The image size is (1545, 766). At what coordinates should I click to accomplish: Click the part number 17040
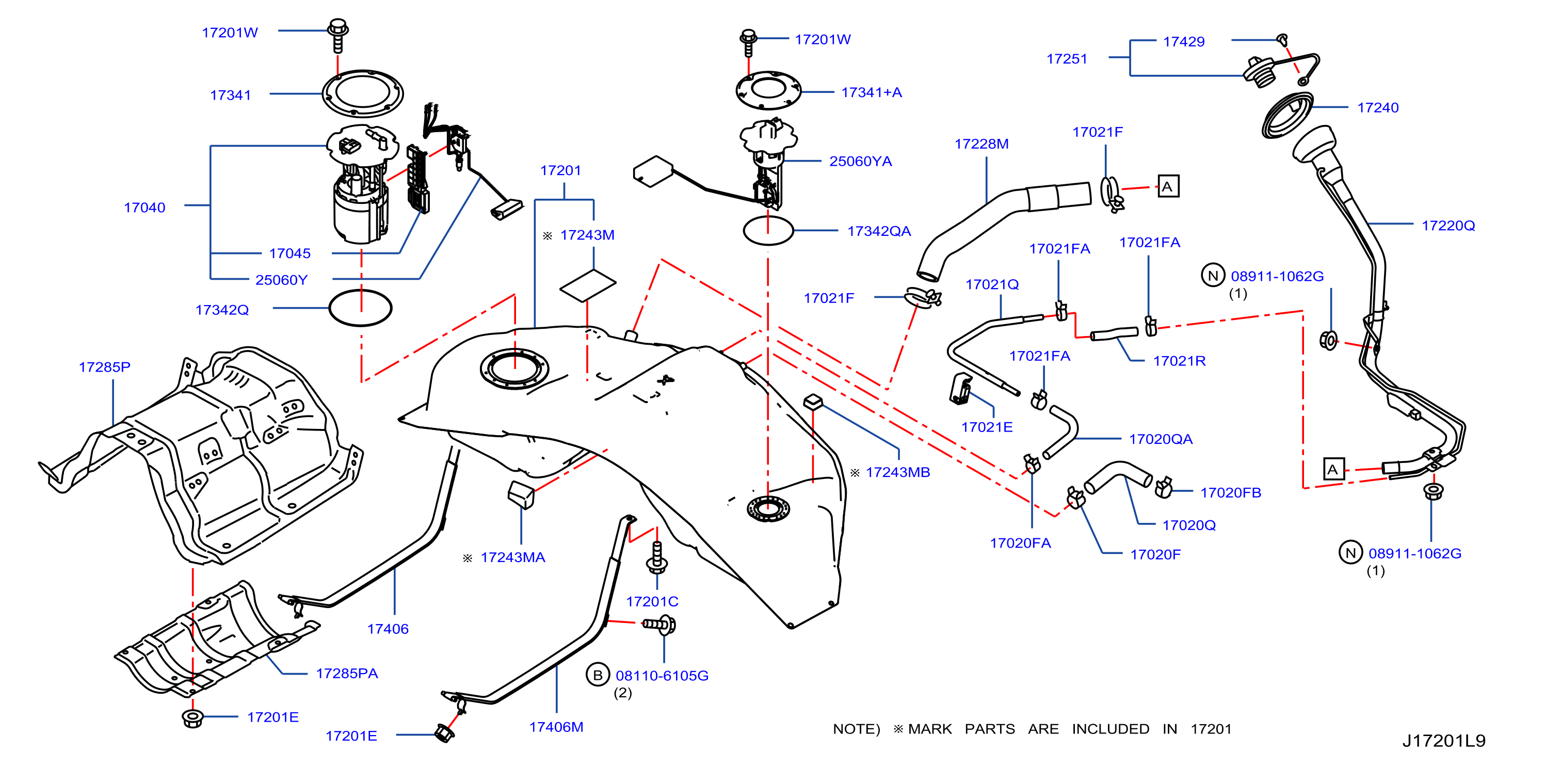coord(144,208)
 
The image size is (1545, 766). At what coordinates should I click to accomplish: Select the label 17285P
coord(104,366)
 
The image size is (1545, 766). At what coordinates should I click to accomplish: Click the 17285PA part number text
coord(347,673)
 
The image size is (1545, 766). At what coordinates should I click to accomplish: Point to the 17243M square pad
coord(588,285)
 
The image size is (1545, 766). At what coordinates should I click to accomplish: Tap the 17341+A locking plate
coord(768,90)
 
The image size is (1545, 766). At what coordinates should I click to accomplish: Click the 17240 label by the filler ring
coord(1378,107)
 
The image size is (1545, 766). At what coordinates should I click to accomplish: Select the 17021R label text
coord(1179,360)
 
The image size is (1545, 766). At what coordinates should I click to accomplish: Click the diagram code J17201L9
coord(1444,740)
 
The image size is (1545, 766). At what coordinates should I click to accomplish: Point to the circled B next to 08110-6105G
coord(598,675)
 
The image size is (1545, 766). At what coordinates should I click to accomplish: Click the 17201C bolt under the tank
coord(657,556)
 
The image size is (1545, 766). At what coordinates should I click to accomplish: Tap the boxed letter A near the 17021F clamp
coord(1167,186)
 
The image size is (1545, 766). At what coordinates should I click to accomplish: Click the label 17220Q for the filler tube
coord(1448,226)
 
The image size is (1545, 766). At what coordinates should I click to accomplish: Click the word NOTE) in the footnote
coord(856,729)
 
